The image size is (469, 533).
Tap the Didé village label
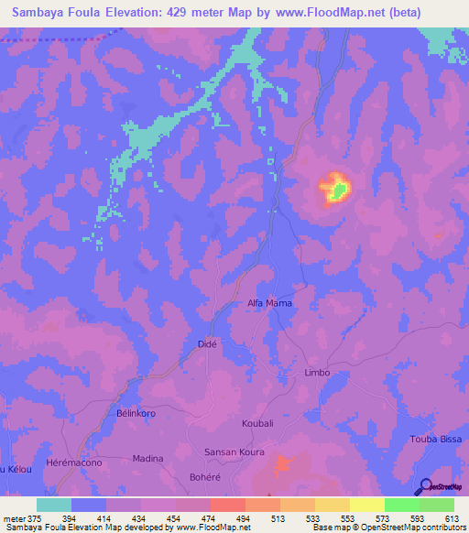(x=207, y=343)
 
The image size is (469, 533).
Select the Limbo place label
(x=316, y=373)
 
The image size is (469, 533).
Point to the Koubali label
(x=258, y=424)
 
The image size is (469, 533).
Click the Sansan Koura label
(x=234, y=452)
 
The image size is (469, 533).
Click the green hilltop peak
(x=339, y=190)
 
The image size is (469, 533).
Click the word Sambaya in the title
(x=37, y=13)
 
